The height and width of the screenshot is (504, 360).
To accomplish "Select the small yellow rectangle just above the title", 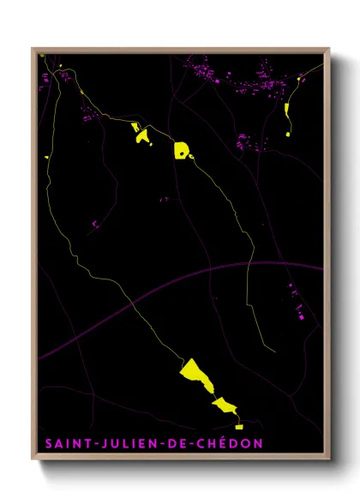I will coord(239,425).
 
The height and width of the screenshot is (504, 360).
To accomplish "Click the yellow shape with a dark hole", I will coord(182,150).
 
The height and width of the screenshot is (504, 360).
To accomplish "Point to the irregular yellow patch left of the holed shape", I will coord(141,133).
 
